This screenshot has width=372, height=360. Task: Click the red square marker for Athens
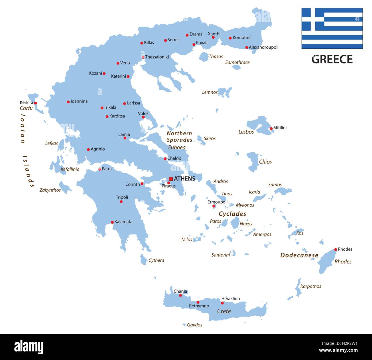(171, 179)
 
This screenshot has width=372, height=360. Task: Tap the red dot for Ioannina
(68, 102)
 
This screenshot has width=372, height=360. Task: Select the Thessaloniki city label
(157, 57)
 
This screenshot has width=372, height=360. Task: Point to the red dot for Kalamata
(112, 222)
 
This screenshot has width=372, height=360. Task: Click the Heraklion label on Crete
(230, 298)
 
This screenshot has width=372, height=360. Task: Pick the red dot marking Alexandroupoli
(247, 48)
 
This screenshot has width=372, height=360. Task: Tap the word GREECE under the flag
(332, 59)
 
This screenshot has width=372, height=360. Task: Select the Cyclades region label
(232, 214)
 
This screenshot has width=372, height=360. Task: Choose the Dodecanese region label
(299, 255)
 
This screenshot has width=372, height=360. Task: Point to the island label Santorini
(221, 255)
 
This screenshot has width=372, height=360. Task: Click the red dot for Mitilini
(271, 129)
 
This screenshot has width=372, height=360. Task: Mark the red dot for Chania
(180, 295)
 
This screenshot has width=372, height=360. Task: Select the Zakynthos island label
(50, 190)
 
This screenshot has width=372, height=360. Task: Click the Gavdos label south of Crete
(195, 325)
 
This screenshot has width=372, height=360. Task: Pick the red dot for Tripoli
(121, 202)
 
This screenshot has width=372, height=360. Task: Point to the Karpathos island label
(310, 286)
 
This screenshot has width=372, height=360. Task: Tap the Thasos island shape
(204, 57)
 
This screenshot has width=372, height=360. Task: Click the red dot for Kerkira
(35, 103)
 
